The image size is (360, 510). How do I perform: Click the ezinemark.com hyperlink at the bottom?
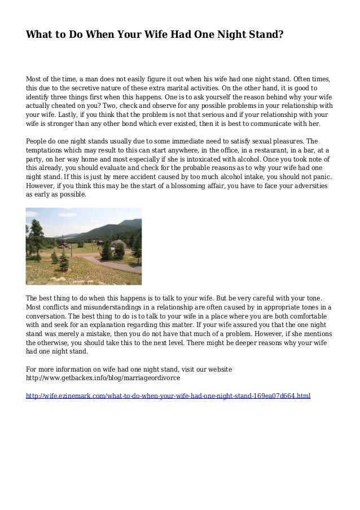coord(168,396)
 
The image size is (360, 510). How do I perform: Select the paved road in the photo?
coord(118,265)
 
